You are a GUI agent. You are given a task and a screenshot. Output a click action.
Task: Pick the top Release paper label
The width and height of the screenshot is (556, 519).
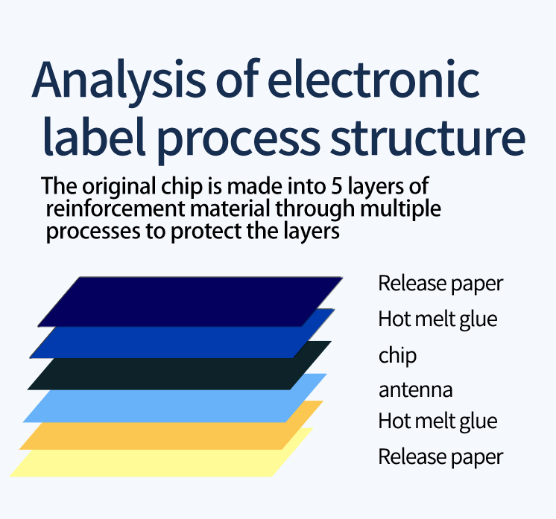click(x=440, y=284)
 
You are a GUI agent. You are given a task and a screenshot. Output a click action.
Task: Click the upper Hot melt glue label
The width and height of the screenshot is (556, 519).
click(x=437, y=319)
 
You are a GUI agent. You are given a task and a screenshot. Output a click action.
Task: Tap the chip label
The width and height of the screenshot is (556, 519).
click(x=397, y=355)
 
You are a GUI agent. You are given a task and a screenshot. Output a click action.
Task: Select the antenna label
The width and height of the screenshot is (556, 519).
click(x=415, y=389)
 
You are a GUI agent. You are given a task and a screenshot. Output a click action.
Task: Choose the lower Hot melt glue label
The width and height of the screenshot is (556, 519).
click(x=437, y=421)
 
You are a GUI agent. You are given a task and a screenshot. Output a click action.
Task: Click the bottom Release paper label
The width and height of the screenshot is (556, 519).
click(x=440, y=456)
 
